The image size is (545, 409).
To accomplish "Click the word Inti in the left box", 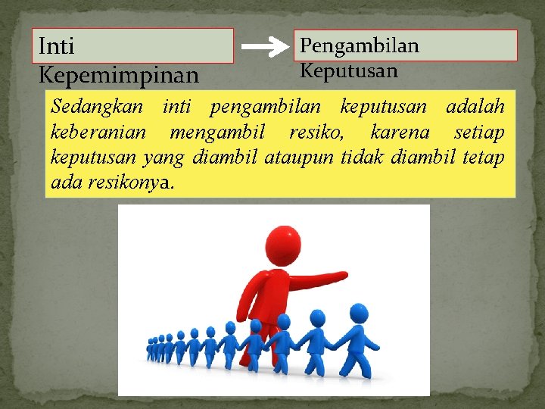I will tap(57, 47).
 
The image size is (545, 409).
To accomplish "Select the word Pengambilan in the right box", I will tap(360, 45).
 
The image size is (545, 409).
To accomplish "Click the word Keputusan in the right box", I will tap(349, 70).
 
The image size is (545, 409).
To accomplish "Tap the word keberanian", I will tap(98, 133).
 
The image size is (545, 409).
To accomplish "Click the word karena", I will tap(400, 133).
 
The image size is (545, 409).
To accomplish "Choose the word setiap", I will tap(479, 133).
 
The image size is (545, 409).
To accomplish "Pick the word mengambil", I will tap(217, 133).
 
